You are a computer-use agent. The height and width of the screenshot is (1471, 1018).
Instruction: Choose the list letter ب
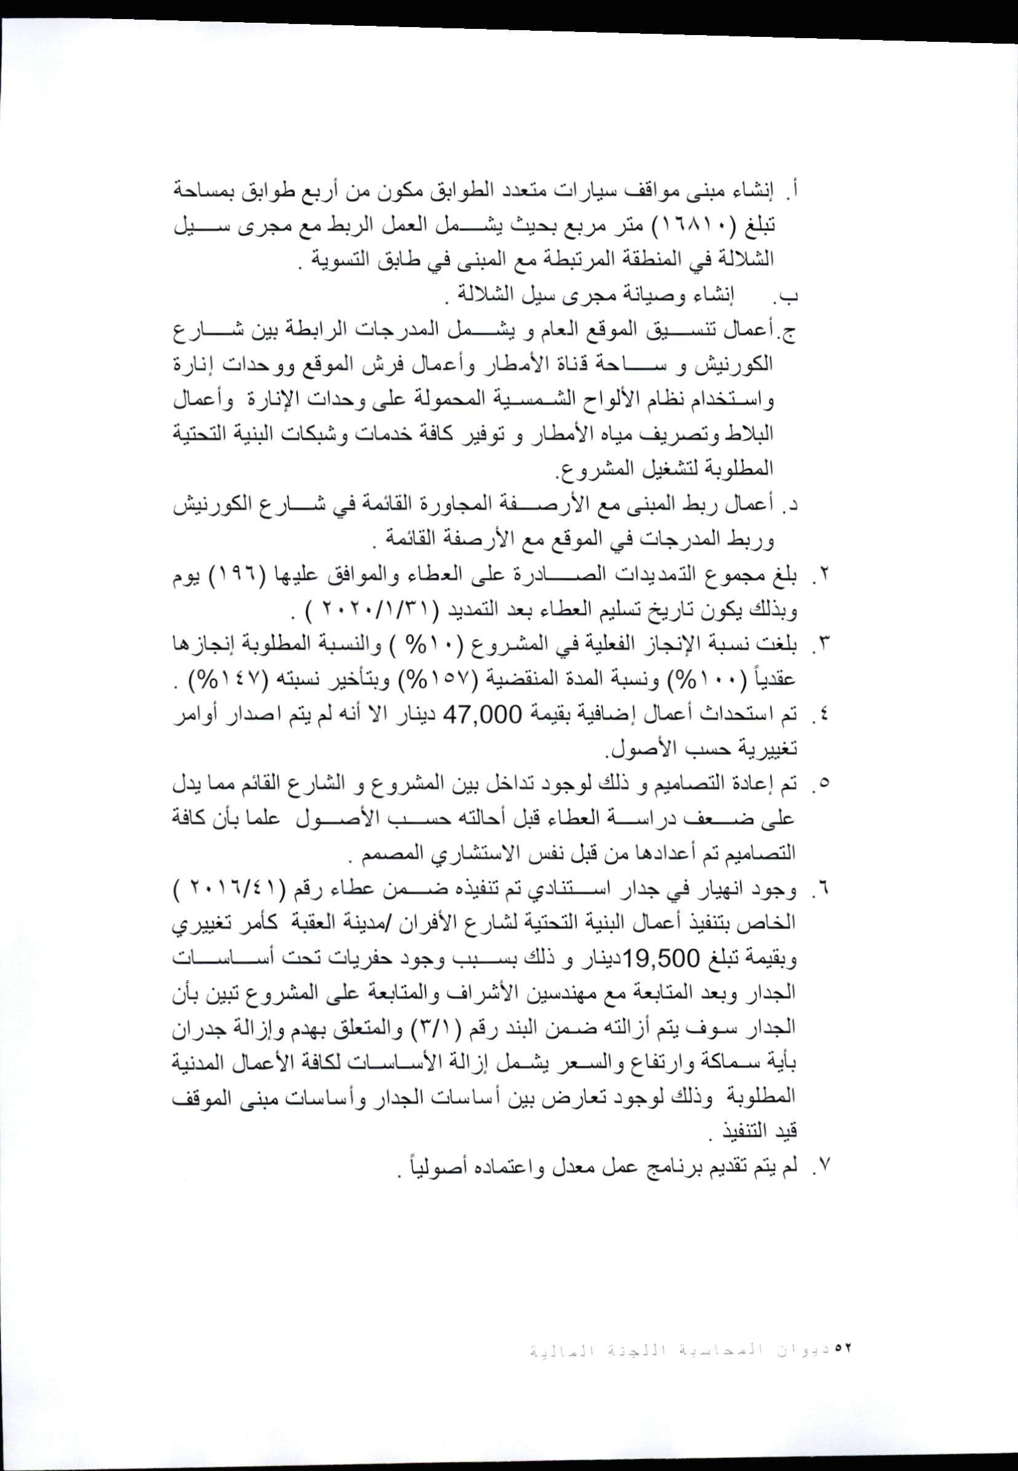tap(791, 298)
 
